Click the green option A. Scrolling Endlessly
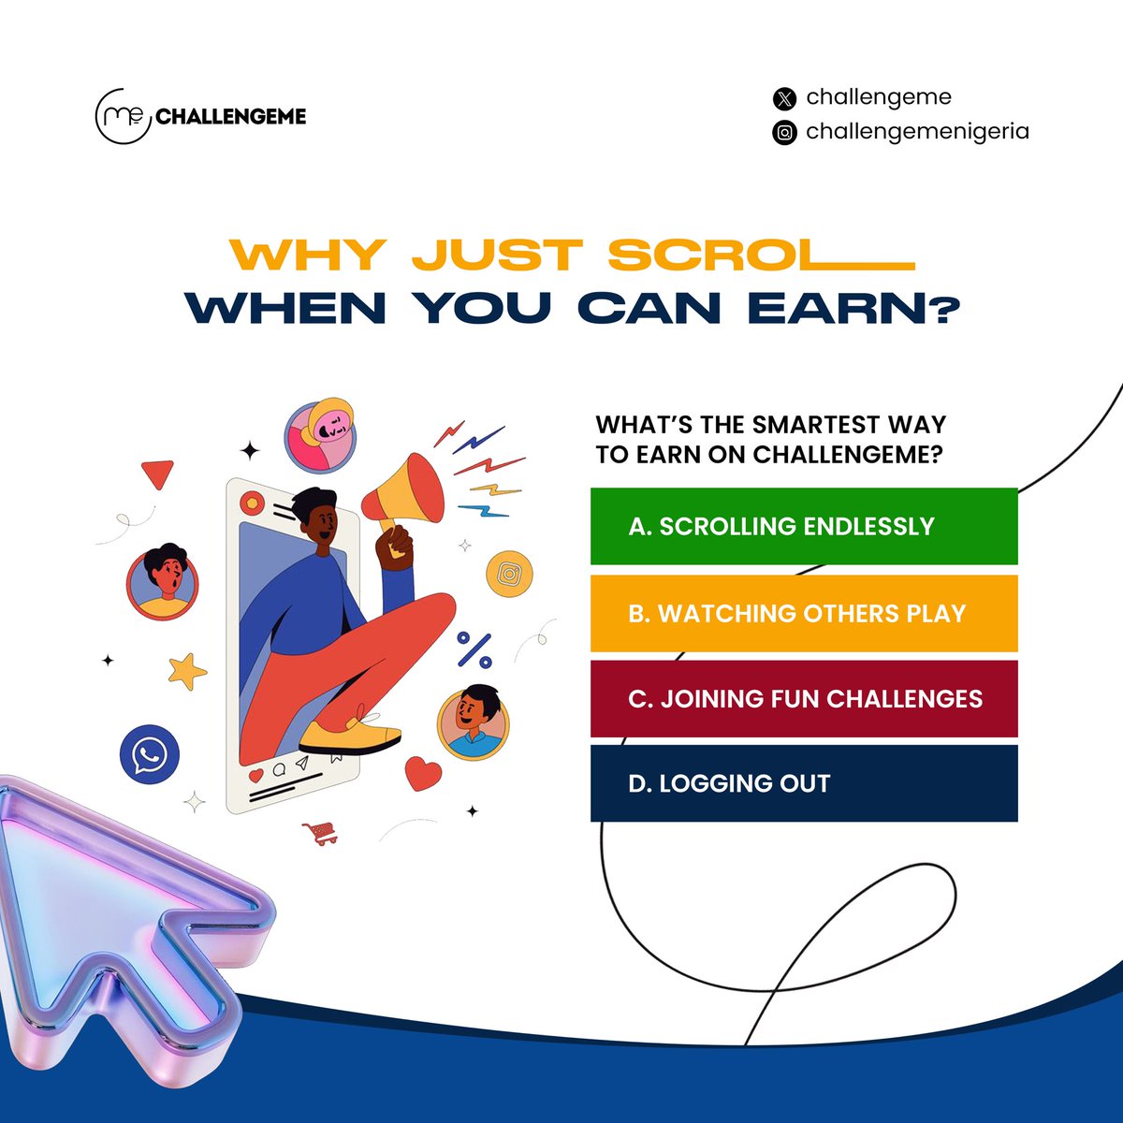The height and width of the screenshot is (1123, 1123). pos(803,526)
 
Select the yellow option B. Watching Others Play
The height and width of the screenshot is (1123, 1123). pos(803,613)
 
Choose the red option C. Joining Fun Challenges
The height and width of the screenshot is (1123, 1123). pos(803,698)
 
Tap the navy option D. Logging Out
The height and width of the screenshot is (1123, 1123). pos(803,783)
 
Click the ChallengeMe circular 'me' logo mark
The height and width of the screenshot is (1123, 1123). pos(123,116)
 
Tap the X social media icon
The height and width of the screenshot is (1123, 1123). pos(784,98)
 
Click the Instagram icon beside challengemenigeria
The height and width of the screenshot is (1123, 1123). pos(784,133)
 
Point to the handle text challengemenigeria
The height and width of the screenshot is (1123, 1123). pos(917,131)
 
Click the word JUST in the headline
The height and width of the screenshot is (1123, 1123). pos(496,255)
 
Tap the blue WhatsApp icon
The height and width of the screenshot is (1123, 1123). pos(149,755)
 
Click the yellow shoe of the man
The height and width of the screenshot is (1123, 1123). pos(349,736)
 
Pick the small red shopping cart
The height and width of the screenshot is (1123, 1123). pos(321,832)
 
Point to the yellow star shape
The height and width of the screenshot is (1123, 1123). pos(187,670)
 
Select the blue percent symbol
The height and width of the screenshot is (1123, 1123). pos(474,649)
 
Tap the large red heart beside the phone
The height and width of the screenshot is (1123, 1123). pos(423,773)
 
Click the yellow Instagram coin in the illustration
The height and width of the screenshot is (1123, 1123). pos(509,574)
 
